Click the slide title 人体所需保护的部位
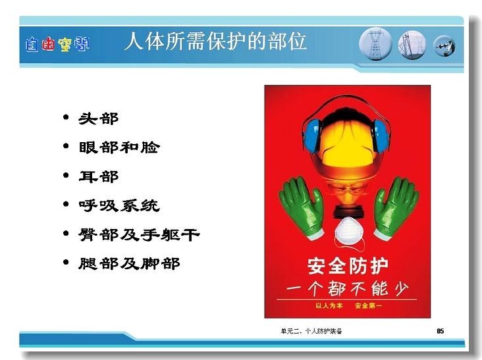[215, 41]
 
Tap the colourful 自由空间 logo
[57, 45]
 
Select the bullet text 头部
[98, 118]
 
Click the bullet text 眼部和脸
[119, 147]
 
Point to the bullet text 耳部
[98, 176]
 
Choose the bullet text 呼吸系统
[119, 205]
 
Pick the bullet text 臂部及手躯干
[139, 235]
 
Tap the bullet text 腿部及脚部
[129, 263]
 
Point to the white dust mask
[350, 231]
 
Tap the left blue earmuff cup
[311, 136]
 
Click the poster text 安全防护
[348, 266]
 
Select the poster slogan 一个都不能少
[348, 288]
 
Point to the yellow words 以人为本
[329, 305]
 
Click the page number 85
[441, 331]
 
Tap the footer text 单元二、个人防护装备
[311, 331]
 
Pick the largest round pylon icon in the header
[375, 44]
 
